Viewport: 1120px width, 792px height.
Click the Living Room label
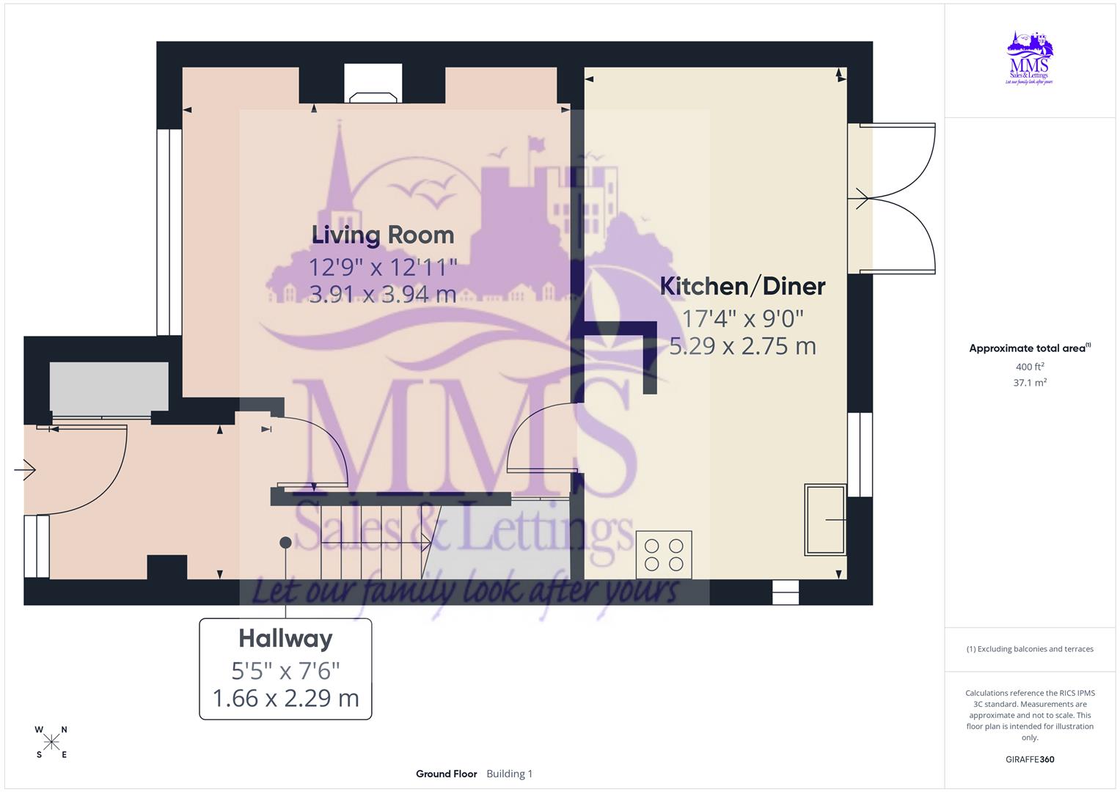click(x=383, y=235)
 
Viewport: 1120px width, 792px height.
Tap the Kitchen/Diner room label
click(x=742, y=286)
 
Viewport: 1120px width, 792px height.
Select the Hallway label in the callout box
click(x=285, y=639)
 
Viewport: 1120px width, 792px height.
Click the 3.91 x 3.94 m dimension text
click(x=383, y=295)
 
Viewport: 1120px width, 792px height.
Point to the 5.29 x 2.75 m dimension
click(x=742, y=346)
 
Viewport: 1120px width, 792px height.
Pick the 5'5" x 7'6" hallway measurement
click(x=285, y=670)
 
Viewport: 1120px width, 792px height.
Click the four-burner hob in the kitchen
click(x=664, y=554)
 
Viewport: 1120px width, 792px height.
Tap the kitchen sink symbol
click(x=825, y=519)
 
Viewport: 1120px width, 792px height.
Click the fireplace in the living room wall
click(x=373, y=85)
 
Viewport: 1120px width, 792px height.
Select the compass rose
click(x=51, y=742)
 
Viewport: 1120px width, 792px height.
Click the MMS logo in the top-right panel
click(x=1031, y=58)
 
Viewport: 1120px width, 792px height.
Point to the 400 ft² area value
click(x=1030, y=367)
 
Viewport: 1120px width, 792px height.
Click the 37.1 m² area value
click(x=1030, y=383)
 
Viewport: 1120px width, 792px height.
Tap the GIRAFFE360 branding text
click(x=1030, y=760)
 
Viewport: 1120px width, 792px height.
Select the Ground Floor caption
click(x=446, y=774)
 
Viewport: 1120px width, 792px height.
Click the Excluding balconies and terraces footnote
click(x=1030, y=649)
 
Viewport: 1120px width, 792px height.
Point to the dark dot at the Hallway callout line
click(x=285, y=543)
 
